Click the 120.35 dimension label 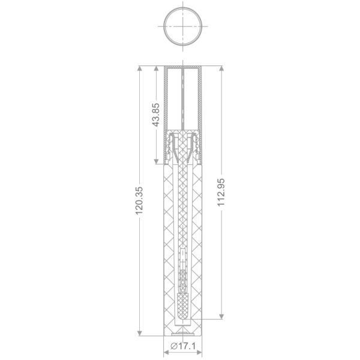click(x=139, y=200)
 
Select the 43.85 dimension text click(x=156, y=115)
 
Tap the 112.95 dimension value click(x=221, y=192)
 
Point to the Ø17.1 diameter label click(x=183, y=346)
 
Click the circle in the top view click(x=183, y=8)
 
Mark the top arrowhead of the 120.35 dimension click(x=139, y=68)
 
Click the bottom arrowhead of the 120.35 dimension click(x=139, y=333)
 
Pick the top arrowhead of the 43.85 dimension click(x=156, y=68)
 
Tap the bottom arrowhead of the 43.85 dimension click(x=156, y=161)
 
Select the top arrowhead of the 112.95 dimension click(x=221, y=68)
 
